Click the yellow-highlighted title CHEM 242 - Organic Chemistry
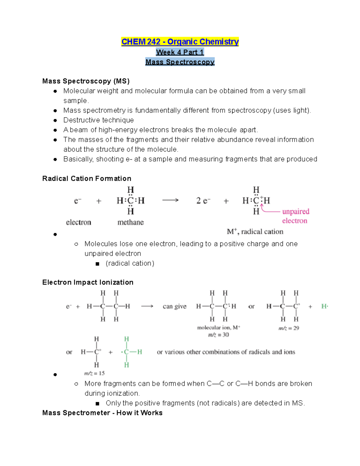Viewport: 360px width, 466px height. (180, 42)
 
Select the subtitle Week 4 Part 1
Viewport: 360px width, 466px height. (180, 52)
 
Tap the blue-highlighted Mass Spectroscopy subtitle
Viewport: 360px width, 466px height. (180, 62)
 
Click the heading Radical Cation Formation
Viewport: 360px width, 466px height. (87, 179)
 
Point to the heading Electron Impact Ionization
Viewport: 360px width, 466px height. (88, 282)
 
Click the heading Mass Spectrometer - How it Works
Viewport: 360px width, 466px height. (102, 413)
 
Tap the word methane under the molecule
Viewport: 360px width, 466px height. (130, 222)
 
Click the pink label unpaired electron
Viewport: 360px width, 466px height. (295, 216)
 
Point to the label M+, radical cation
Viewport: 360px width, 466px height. (255, 232)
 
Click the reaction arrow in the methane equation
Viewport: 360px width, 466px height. (170, 200)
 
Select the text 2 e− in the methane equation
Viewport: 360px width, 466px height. (203, 201)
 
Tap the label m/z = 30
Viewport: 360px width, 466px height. (218, 335)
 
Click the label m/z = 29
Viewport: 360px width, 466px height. (289, 328)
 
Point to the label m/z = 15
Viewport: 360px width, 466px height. (94, 373)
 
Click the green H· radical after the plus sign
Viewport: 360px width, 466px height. (325, 306)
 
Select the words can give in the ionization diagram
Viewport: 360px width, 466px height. (175, 306)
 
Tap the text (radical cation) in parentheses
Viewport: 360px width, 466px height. (130, 263)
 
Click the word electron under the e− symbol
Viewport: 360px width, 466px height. (79, 222)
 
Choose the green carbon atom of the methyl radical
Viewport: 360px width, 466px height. (126, 352)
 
